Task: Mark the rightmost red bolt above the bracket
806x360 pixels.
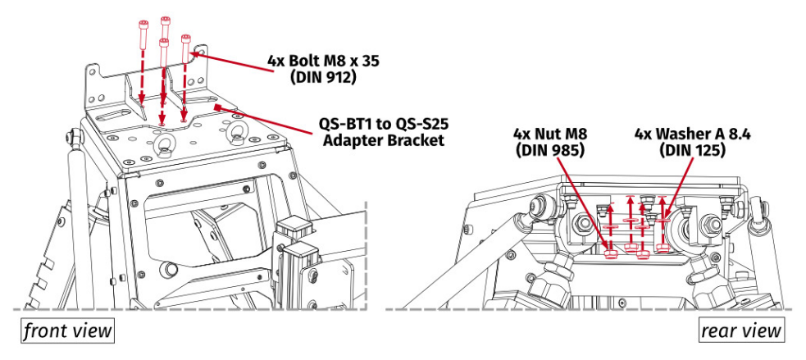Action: point(186,48)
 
